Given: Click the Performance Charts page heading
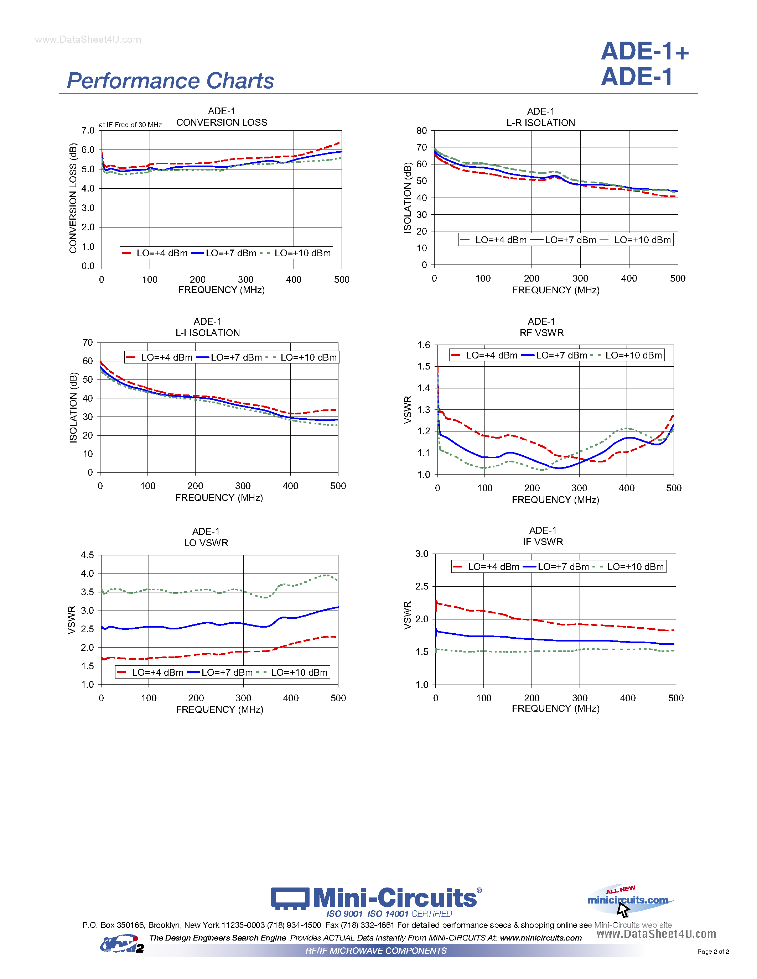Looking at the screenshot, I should [x=170, y=81].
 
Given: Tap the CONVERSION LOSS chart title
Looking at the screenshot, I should [x=222, y=122].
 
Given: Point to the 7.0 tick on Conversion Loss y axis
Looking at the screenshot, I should [x=88, y=130].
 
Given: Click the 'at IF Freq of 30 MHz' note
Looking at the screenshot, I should [x=130, y=125].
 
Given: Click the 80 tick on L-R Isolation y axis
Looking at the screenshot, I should [x=421, y=131].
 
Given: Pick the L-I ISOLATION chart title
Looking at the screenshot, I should [x=208, y=333].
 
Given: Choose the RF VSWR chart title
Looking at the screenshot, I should [x=541, y=333].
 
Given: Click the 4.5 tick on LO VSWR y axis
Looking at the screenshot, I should [x=87, y=555].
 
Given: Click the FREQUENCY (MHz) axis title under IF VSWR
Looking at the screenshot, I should [x=555, y=708].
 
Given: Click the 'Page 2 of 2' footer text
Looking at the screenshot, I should [x=713, y=952].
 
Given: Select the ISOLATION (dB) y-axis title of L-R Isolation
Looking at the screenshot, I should [x=407, y=198].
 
